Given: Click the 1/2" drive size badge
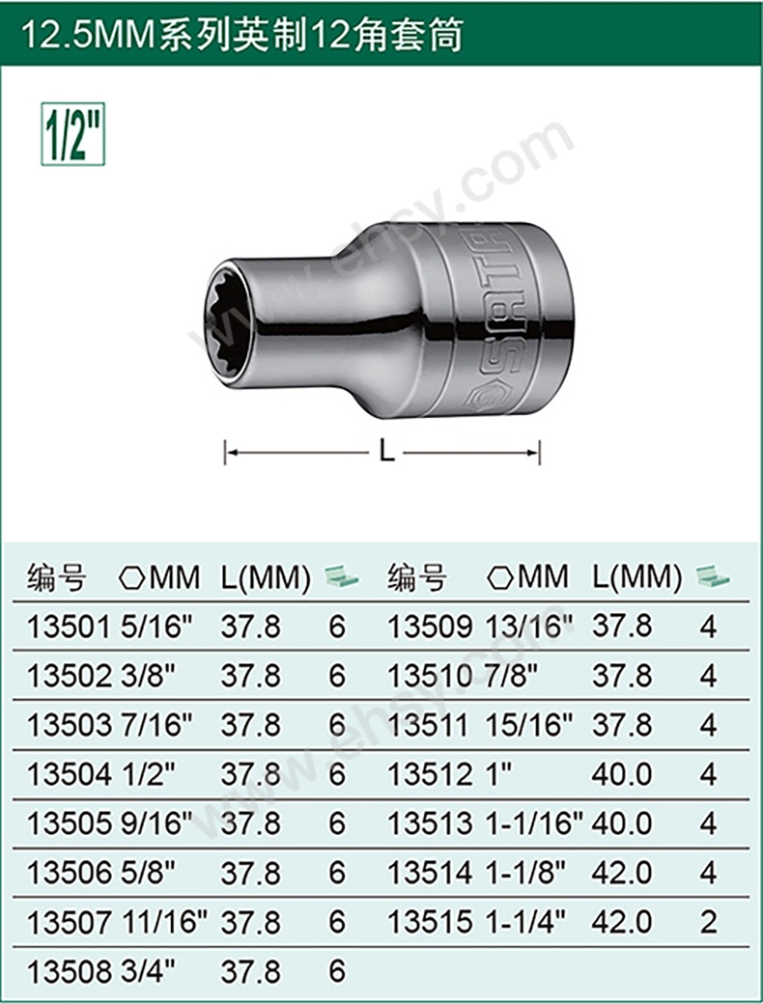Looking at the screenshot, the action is (x=72, y=134).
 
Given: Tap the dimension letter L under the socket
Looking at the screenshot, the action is (x=386, y=452).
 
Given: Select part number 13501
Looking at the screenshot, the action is (x=69, y=627).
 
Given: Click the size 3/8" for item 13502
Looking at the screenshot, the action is (x=148, y=676).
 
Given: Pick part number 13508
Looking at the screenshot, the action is (x=69, y=971).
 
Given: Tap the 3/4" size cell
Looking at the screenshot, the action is (x=148, y=971).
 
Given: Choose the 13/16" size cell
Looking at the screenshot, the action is (x=529, y=627).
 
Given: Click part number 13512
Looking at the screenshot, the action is (x=430, y=774).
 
